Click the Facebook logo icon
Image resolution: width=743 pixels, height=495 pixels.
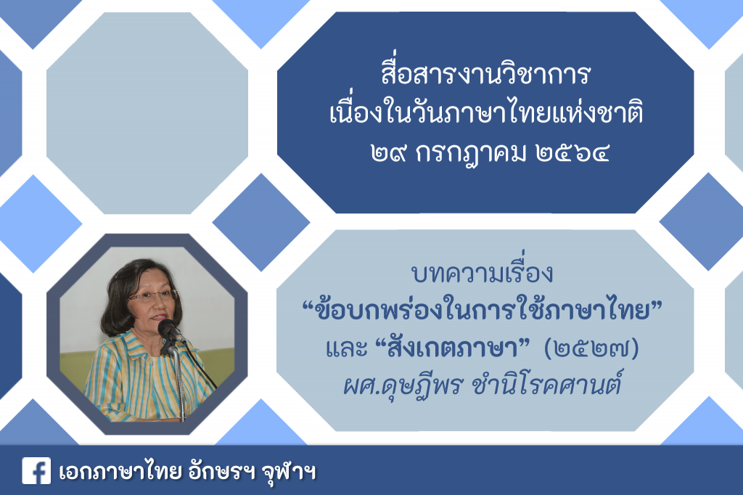[36, 471]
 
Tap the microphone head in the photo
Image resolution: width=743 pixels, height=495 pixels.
[167, 327]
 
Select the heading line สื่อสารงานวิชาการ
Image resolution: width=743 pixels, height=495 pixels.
[485, 75]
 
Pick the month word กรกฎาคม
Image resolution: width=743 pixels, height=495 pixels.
[470, 154]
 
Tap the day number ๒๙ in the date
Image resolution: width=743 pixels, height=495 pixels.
[389, 153]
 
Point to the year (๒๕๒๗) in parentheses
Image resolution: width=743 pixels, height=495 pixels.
[592, 349]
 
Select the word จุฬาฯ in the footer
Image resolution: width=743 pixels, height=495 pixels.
[289, 472]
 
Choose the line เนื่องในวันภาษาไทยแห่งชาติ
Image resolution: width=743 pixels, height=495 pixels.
[486, 113]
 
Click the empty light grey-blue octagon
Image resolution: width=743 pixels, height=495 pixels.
[147, 112]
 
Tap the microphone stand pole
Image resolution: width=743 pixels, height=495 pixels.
[178, 384]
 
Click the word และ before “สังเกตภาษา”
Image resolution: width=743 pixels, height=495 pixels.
[347, 349]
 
